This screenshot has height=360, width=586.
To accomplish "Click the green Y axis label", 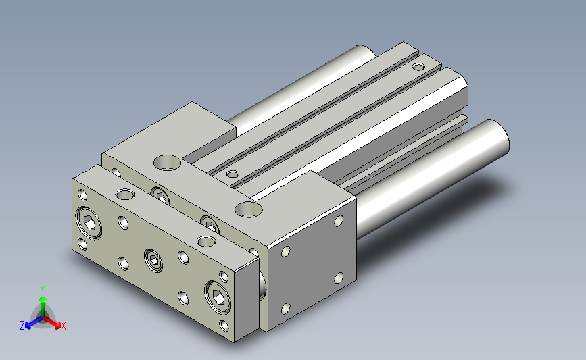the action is [43, 290].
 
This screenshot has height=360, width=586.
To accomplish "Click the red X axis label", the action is [63, 326].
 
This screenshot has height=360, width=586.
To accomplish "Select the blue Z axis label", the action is [22, 326].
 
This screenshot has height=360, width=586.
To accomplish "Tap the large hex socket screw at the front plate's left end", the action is [89, 223].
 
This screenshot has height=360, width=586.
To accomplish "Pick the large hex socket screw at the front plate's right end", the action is [218, 297].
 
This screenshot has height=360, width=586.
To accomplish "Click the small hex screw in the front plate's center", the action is [153, 260].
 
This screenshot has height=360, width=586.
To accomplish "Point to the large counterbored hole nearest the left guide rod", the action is [167, 163].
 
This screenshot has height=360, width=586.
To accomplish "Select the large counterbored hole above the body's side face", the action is [249, 209].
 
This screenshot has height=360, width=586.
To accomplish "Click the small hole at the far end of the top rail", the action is [418, 67].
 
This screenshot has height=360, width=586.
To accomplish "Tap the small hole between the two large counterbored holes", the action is [233, 174].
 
